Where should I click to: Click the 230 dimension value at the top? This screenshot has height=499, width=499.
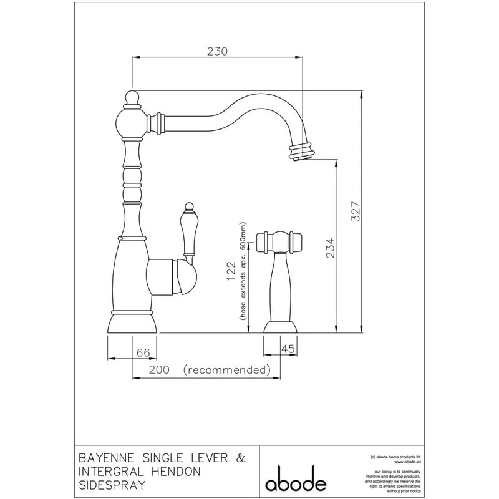(x=216, y=51)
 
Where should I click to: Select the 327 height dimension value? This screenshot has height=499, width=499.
(x=354, y=213)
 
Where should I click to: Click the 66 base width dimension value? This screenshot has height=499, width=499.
(x=143, y=352)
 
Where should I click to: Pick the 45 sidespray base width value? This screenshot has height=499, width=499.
(x=288, y=350)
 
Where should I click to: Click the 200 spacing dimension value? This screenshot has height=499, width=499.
(x=160, y=370)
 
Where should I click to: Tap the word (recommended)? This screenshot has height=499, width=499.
(x=227, y=370)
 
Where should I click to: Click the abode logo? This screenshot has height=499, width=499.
(x=296, y=482)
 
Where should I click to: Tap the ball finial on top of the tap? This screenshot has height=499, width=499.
(x=132, y=97)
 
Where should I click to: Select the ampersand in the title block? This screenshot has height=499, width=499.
(x=240, y=458)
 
